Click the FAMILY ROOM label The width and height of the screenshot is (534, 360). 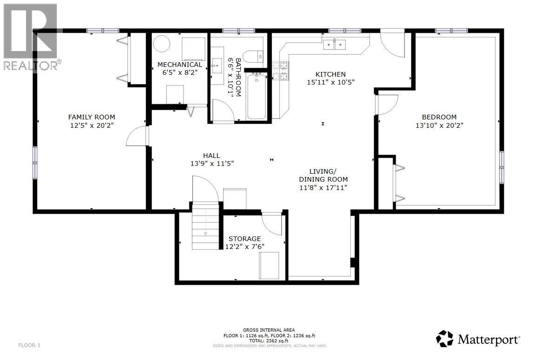[x=92, y=117]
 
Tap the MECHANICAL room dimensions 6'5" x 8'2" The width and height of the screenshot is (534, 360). [x=180, y=72]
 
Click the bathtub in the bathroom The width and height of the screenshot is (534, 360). [x=256, y=97]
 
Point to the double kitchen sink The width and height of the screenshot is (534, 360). [x=335, y=45]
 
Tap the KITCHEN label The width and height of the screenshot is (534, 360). [x=330, y=74]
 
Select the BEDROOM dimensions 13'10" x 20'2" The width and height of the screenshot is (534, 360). [x=439, y=125]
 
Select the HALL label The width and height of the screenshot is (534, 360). [x=211, y=156]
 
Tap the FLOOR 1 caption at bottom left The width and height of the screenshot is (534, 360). [x=30, y=345]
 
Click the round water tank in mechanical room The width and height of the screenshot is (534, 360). [x=162, y=45]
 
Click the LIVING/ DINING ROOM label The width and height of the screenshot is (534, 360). [x=323, y=179]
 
